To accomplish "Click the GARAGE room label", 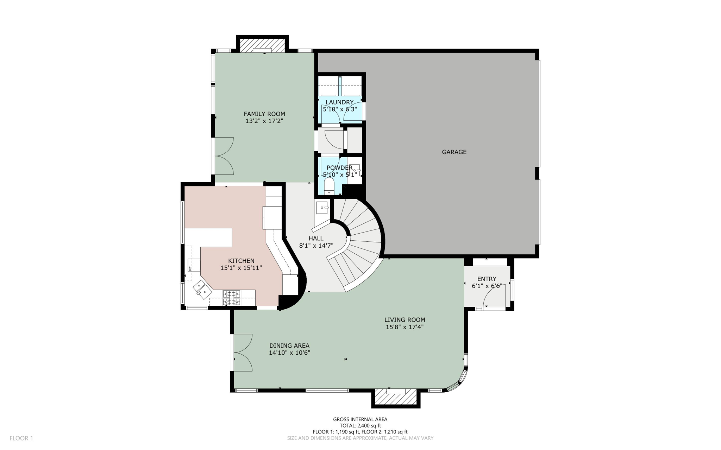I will click(454, 152).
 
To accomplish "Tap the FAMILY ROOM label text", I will click(264, 114).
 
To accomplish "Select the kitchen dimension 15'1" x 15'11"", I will click(241, 268).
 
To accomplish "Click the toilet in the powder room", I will click(329, 185).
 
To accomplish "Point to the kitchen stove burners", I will click(231, 297).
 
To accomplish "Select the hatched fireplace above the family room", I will click(262, 45).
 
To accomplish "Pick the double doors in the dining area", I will click(242, 353).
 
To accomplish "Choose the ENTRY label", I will click(487, 279).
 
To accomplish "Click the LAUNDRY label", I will click(339, 102).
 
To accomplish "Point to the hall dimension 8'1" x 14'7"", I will click(316, 246).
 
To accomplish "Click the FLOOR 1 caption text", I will click(21, 438).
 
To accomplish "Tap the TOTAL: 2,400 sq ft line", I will click(360, 425).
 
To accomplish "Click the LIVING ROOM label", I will click(405, 320).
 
